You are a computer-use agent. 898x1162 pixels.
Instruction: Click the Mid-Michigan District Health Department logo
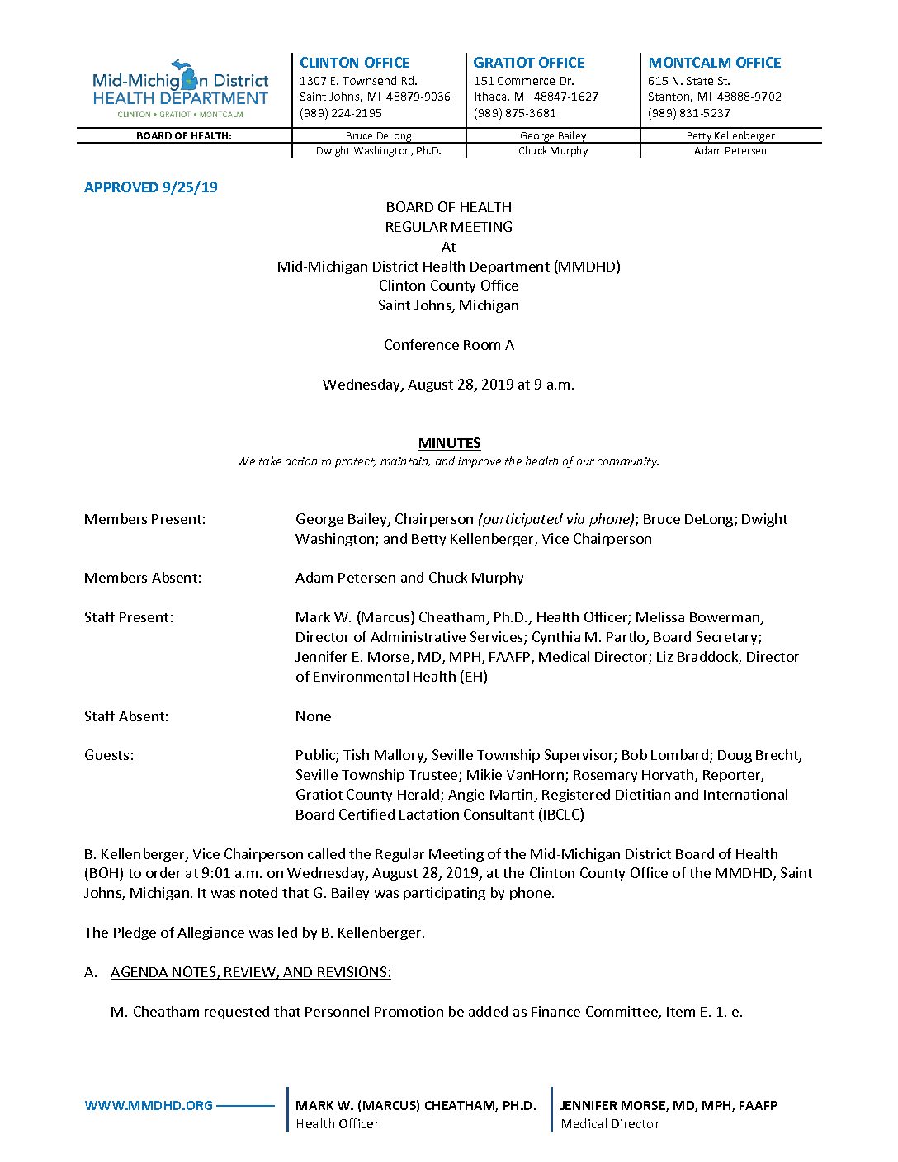tap(180, 89)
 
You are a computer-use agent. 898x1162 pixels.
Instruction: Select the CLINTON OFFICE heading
tap(354, 63)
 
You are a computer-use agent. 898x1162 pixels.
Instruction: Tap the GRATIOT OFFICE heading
tap(528, 63)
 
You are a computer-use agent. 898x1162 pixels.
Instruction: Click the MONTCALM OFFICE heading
tap(714, 63)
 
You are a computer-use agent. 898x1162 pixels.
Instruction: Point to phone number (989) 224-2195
tap(340, 113)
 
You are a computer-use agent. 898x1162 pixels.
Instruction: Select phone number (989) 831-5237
tap(688, 113)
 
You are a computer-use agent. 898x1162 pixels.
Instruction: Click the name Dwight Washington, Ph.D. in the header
tap(378, 151)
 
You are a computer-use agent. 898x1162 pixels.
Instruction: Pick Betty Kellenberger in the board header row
tap(730, 135)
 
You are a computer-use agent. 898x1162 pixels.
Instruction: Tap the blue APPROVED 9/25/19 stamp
tap(151, 187)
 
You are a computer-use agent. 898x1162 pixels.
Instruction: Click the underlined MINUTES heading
tap(449, 443)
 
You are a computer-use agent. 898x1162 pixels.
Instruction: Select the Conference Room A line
tap(448, 345)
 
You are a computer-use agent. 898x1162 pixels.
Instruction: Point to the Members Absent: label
tap(143, 578)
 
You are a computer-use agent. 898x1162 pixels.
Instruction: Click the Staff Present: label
tap(129, 617)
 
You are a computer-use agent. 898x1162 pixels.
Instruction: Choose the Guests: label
tap(109, 755)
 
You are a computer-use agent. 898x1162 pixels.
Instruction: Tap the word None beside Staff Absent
tap(313, 716)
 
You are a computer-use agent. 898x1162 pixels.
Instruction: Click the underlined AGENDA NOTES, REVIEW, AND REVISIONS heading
tap(251, 972)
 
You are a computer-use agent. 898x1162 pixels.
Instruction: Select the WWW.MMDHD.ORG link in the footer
tap(149, 1105)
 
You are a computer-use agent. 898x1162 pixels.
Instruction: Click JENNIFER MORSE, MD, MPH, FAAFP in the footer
tap(669, 1105)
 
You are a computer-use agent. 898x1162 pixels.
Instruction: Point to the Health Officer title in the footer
tap(338, 1123)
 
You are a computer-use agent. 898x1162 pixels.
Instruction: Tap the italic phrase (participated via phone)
tap(557, 519)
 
